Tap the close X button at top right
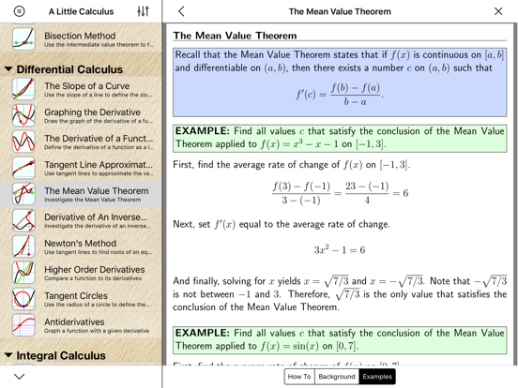[498, 11]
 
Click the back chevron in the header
[181, 11]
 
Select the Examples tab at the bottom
[377, 376]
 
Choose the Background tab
[337, 376]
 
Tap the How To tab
[299, 376]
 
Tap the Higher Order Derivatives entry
[94, 273]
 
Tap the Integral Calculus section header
[61, 356]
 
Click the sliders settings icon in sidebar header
[143, 11]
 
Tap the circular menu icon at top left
[19, 11]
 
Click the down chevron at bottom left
[19, 376]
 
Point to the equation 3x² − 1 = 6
[339, 250]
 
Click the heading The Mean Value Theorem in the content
[236, 36]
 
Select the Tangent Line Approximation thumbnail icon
[23, 169]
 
